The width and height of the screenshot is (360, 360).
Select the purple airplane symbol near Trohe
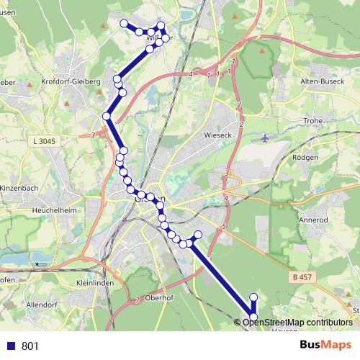[266, 138]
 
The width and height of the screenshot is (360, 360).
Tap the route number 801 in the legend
[30, 346]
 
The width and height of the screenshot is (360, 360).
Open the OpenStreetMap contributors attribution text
[297, 322]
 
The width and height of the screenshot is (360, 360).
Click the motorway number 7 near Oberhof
[136, 299]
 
